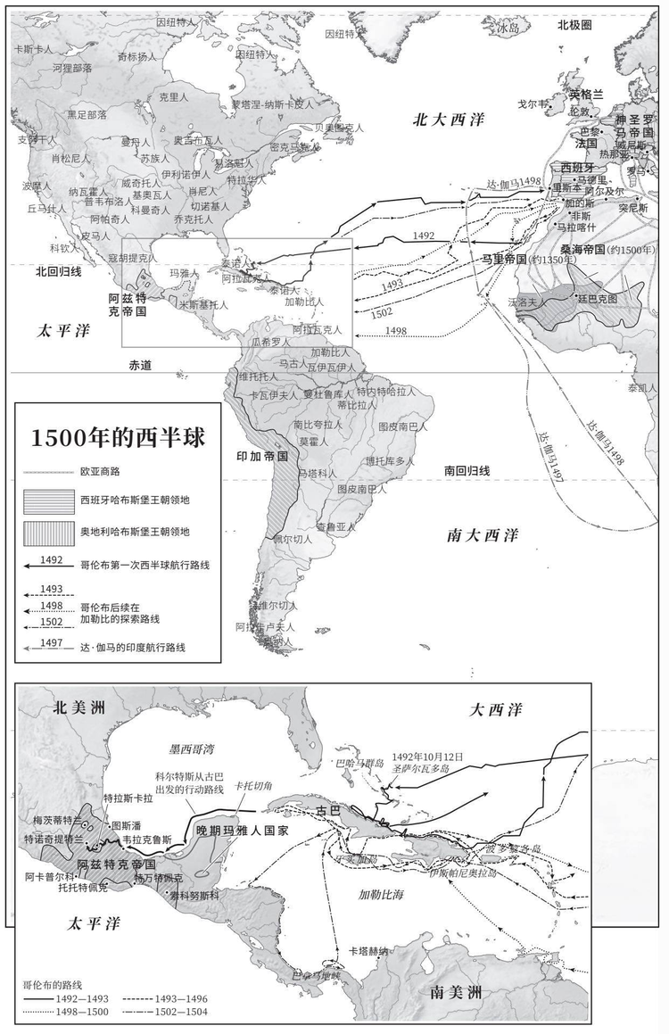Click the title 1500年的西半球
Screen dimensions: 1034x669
click(117, 438)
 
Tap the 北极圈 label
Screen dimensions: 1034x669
click(574, 25)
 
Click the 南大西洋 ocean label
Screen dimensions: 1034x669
click(482, 535)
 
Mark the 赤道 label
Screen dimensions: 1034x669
click(141, 365)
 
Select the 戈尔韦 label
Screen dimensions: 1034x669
click(533, 103)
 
